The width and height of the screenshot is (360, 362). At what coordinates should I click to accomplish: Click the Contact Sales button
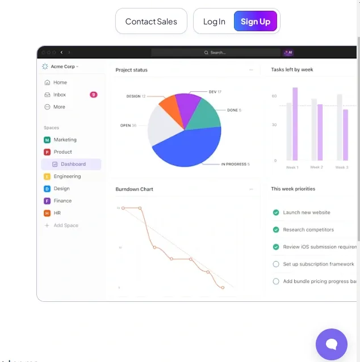(x=151, y=22)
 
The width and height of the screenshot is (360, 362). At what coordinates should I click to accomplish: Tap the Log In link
(x=214, y=22)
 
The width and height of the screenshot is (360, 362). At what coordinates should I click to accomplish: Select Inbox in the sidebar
(x=60, y=95)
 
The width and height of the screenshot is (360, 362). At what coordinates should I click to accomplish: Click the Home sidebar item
(x=60, y=82)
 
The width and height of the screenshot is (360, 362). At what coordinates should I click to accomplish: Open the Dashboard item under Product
(x=73, y=164)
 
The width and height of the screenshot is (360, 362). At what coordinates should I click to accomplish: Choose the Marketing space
(x=65, y=140)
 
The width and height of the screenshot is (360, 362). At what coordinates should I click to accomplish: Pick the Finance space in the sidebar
(x=62, y=201)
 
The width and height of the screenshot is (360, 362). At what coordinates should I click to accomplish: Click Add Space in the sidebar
(x=65, y=225)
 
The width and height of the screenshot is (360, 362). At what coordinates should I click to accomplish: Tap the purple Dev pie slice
(x=188, y=103)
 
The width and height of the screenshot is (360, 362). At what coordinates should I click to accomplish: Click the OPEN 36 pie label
(x=128, y=125)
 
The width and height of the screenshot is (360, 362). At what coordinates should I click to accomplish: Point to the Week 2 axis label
(x=316, y=167)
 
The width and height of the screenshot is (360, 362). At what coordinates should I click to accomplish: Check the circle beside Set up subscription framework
(x=276, y=264)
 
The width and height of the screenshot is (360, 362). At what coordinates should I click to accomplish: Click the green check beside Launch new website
(x=276, y=213)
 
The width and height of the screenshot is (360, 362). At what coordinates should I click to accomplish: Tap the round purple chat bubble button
(x=332, y=344)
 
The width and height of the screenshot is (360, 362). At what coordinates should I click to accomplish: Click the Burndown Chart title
(x=134, y=189)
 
